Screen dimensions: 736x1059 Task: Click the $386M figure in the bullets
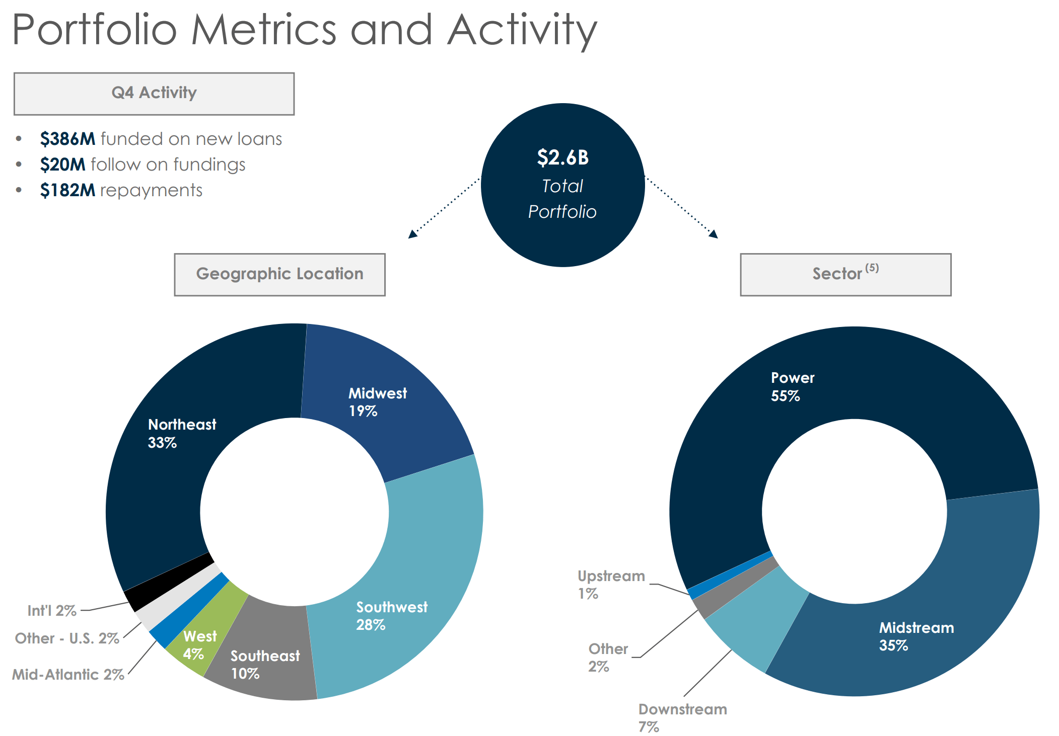pyautogui.click(x=67, y=139)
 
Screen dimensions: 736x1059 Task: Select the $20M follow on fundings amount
pyautogui.click(x=62, y=165)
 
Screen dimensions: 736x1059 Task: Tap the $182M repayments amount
pyautogui.click(x=67, y=190)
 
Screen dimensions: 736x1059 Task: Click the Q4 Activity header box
pyautogui.click(x=154, y=94)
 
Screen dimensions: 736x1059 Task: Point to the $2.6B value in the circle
pyautogui.click(x=562, y=157)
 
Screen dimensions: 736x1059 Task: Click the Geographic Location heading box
pyautogui.click(x=279, y=274)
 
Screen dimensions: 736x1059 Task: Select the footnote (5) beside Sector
pyautogui.click(x=872, y=268)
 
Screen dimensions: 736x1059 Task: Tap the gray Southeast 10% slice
pyautogui.click(x=267, y=654)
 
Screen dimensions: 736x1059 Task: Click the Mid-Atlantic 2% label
pyautogui.click(x=68, y=675)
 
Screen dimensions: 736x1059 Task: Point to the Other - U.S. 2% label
pyautogui.click(x=67, y=638)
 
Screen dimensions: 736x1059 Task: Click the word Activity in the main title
pyautogui.click(x=522, y=30)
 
